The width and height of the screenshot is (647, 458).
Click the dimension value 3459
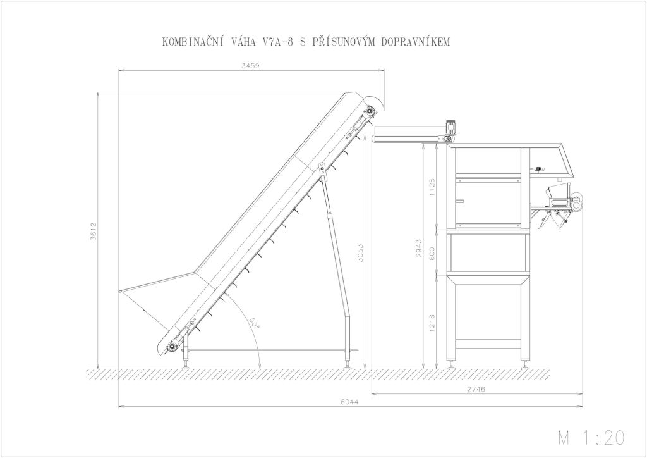[x=251, y=66]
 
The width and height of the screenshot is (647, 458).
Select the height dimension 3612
[x=93, y=232]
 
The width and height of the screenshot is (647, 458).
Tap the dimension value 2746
[x=476, y=390]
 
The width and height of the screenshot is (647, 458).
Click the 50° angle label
[x=253, y=323]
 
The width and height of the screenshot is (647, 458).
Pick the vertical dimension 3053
[x=360, y=252]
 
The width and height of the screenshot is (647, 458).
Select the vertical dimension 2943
[x=419, y=248]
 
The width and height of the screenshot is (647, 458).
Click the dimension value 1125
[x=432, y=187]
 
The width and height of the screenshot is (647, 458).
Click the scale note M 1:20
[x=591, y=438]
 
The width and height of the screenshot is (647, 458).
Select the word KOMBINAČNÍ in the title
[x=193, y=42]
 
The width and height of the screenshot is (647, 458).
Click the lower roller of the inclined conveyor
[x=171, y=347]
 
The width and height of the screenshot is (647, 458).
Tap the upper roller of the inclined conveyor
[x=368, y=111]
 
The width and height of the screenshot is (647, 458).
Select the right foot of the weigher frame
[x=526, y=364]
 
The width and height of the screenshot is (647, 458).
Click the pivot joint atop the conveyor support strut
[x=321, y=167]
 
